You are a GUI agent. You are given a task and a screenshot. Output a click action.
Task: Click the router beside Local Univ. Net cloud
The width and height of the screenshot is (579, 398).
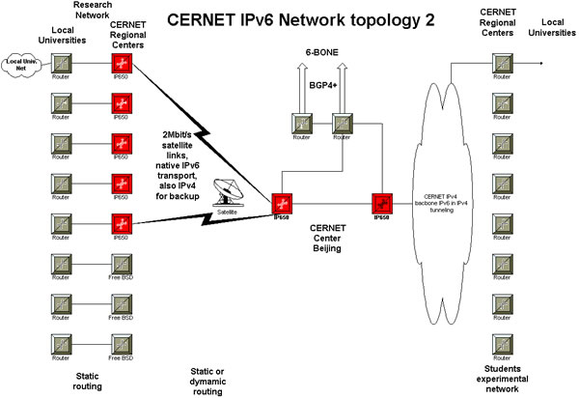point(61,65)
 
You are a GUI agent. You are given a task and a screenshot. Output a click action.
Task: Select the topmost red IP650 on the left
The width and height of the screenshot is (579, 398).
point(122,65)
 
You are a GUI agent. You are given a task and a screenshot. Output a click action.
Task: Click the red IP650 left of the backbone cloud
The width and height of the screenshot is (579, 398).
point(381,203)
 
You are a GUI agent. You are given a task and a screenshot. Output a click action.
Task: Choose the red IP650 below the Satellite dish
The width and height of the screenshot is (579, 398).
point(282,205)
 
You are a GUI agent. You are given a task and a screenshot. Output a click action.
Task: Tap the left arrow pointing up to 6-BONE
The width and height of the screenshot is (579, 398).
point(301,77)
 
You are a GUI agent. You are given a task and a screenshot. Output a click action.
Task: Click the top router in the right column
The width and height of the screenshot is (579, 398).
point(501,64)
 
